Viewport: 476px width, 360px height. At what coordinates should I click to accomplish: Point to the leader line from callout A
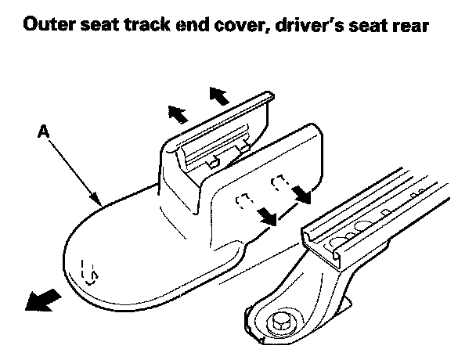click(x=74, y=168)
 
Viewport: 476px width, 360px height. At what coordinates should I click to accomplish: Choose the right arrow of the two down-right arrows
click(x=301, y=193)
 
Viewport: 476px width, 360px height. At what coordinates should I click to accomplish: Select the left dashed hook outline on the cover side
click(x=246, y=200)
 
